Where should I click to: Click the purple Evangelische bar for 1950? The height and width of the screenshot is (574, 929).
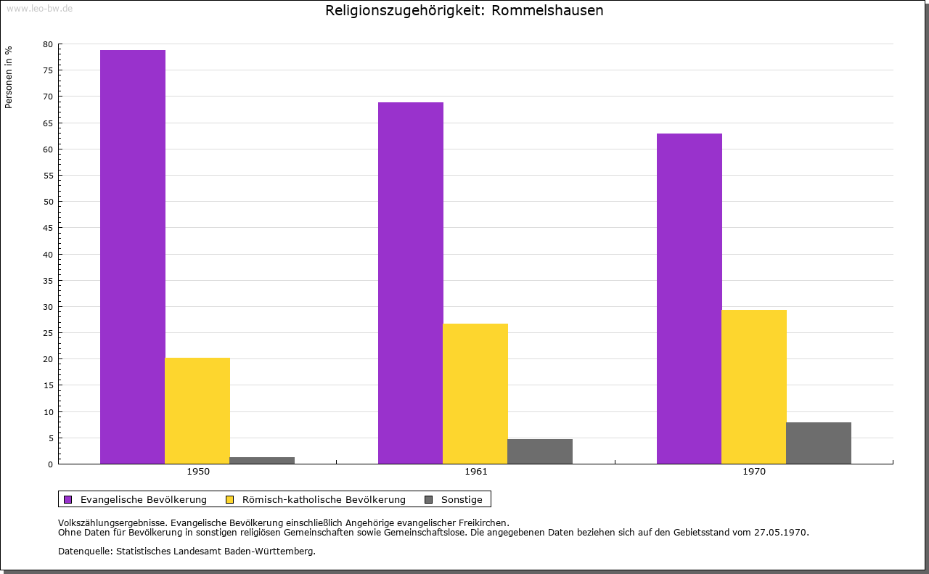(x=133, y=257)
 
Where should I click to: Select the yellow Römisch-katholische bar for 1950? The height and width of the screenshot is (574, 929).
(x=197, y=411)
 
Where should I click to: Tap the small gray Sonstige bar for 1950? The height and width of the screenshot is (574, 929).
(x=262, y=460)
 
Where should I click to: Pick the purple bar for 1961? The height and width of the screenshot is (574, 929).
(x=411, y=283)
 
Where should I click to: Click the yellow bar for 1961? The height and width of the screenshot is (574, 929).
(x=475, y=393)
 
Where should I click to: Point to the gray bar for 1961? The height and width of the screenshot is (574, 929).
(x=540, y=451)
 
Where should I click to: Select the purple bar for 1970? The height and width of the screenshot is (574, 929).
(x=689, y=298)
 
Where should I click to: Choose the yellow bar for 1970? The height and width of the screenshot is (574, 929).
(x=754, y=387)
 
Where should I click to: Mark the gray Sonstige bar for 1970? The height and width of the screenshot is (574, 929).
(x=819, y=443)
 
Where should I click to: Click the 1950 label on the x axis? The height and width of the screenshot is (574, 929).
(x=198, y=472)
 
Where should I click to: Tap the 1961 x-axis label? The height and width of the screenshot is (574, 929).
(x=476, y=472)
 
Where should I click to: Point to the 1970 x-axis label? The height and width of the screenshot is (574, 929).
(x=754, y=472)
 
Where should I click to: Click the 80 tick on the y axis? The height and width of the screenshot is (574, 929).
(x=48, y=44)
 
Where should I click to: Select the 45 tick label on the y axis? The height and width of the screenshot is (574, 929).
(x=48, y=228)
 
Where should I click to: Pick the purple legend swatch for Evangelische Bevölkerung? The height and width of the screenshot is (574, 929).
(x=68, y=499)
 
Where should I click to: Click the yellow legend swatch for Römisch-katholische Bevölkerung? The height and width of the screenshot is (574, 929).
(x=230, y=499)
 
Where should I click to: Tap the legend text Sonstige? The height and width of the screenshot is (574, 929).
(x=462, y=499)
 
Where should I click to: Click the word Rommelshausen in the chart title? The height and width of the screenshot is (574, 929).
(x=547, y=11)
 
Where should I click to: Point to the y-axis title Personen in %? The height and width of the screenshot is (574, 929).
(x=9, y=77)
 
